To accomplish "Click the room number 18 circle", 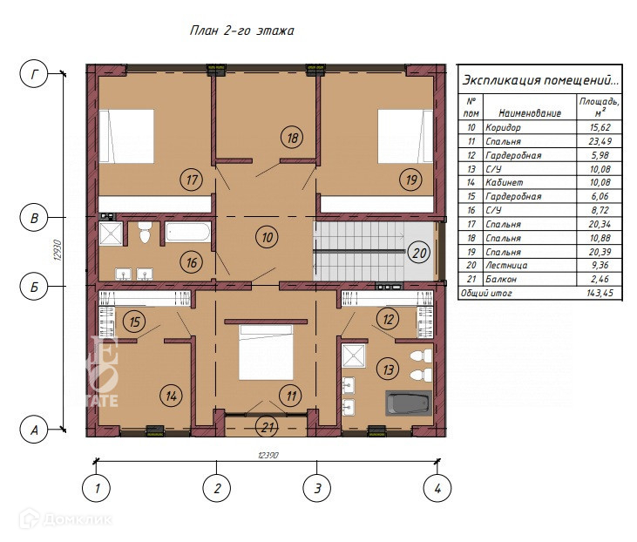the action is tap(292, 138).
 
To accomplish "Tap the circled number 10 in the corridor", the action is tap(267, 237).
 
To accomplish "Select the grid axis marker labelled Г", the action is tap(34, 74).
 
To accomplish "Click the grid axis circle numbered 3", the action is tap(317, 488).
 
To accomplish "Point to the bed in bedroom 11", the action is tap(266, 352).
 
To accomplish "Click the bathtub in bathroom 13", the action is tap(409, 403).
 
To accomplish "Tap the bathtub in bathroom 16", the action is tap(187, 233).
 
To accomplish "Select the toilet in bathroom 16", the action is tap(145, 233).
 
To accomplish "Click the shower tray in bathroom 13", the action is tap(354, 356).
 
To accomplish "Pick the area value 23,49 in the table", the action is tap(600, 141).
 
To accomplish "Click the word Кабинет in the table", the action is tap(505, 182).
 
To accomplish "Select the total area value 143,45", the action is tap(600, 293).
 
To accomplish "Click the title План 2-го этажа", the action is tap(241, 30).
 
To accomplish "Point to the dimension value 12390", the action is tap(268, 456).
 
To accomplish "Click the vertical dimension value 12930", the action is tap(58, 250).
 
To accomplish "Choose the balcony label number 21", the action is tap(267, 427).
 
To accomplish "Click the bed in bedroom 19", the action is tap(405, 136).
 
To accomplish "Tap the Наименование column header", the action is tap(530, 113).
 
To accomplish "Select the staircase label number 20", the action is tap(419, 253).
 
